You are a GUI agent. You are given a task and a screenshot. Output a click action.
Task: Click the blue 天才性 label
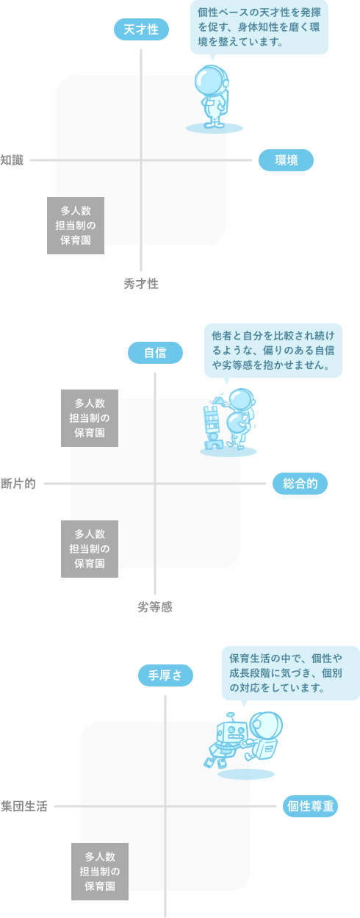click(141, 29)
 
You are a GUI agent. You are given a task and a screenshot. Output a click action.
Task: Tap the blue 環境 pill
click(286, 160)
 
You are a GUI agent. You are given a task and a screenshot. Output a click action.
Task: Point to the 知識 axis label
click(12, 160)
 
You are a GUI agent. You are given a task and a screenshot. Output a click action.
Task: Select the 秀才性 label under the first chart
click(141, 284)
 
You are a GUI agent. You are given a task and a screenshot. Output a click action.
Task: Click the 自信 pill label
click(155, 353)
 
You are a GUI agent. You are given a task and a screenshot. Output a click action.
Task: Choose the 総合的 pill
click(300, 484)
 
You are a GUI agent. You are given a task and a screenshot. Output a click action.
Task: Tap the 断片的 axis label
click(18, 484)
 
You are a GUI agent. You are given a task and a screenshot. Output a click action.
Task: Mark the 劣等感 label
click(155, 607)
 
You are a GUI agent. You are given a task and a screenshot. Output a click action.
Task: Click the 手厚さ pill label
click(165, 675)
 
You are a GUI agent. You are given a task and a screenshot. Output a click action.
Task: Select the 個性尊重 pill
click(311, 806)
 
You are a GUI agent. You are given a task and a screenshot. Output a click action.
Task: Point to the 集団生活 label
click(24, 806)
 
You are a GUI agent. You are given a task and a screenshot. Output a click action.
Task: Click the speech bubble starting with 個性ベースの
click(259, 28)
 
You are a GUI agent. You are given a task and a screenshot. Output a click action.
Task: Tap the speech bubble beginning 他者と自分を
click(273, 351)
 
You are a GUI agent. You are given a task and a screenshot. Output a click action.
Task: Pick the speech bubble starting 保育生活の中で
click(291, 674)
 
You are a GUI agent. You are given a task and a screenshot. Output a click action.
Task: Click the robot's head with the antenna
click(231, 731)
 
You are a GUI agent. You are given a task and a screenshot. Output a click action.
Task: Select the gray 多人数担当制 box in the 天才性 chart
click(76, 226)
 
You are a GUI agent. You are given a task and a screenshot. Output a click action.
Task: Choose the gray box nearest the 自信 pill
click(90, 418)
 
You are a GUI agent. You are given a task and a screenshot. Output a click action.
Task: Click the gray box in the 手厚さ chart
click(100, 871)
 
